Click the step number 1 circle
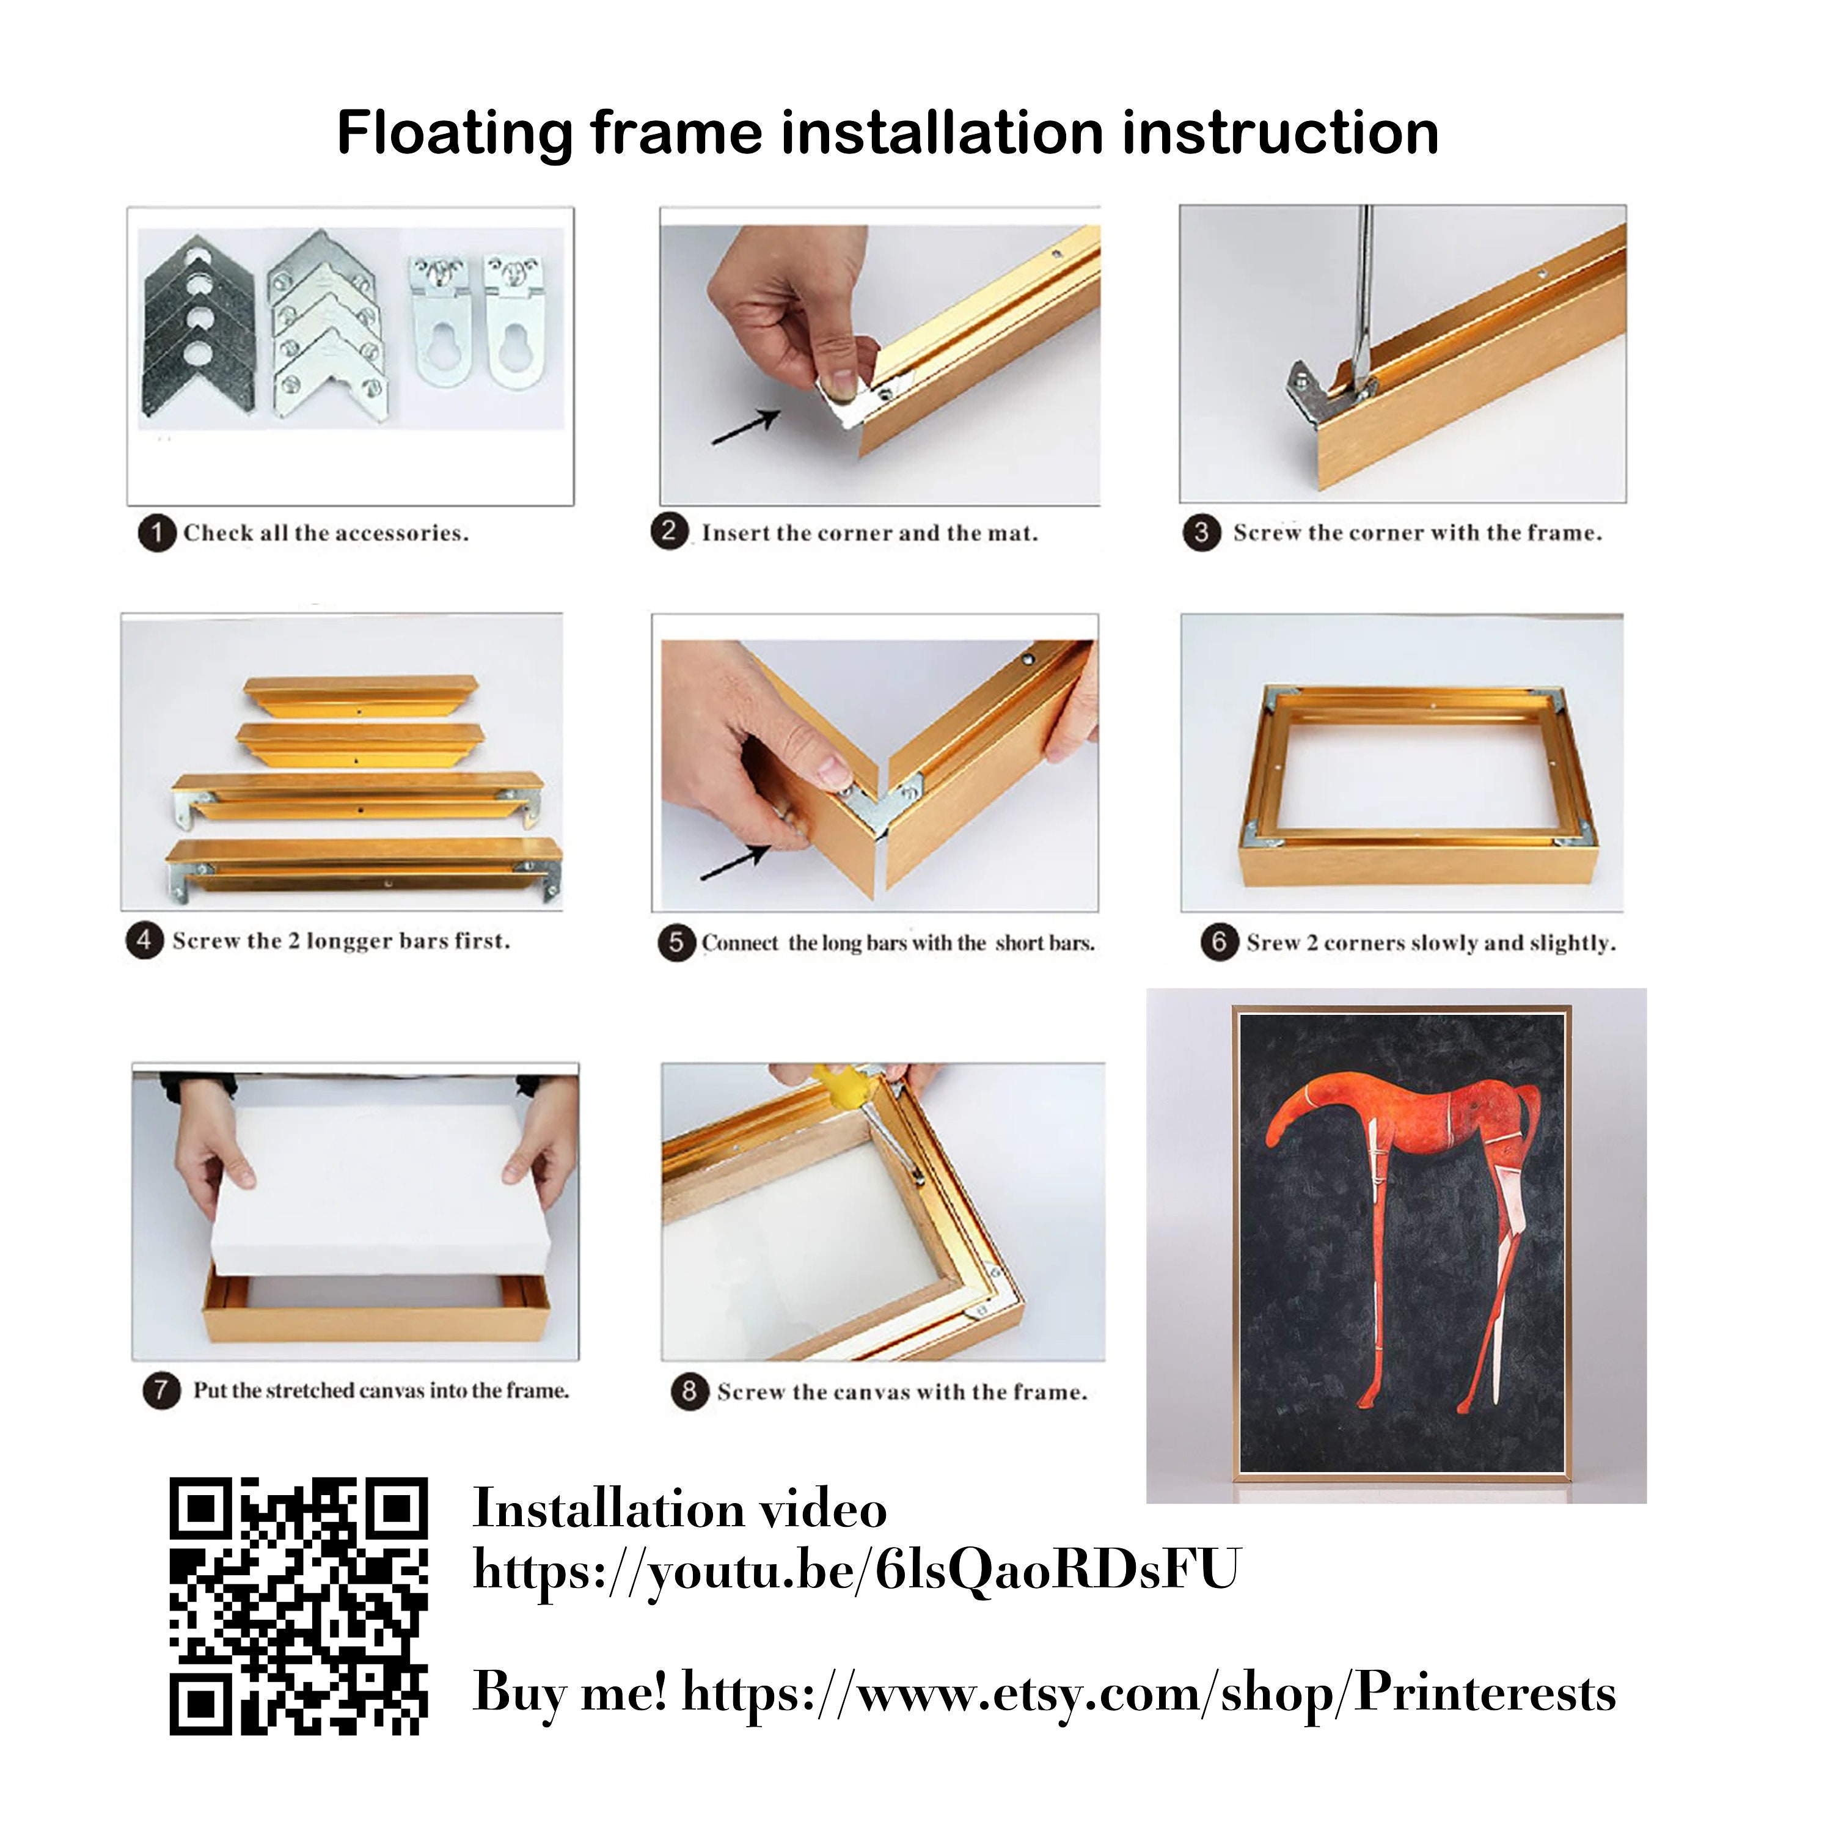coord(158,534)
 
